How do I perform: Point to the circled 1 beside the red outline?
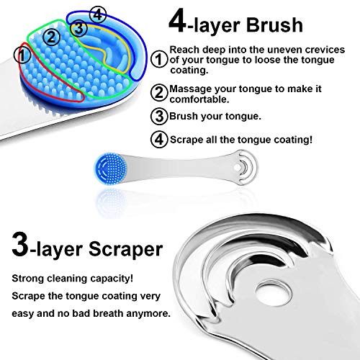[x=23, y=53]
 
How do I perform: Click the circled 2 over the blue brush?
[x=50, y=35]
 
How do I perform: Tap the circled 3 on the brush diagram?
[x=80, y=27]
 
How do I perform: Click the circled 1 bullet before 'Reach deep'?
[x=161, y=60]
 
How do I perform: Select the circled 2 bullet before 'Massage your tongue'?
[x=161, y=92]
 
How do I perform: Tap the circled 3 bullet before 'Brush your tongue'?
[x=161, y=116]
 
